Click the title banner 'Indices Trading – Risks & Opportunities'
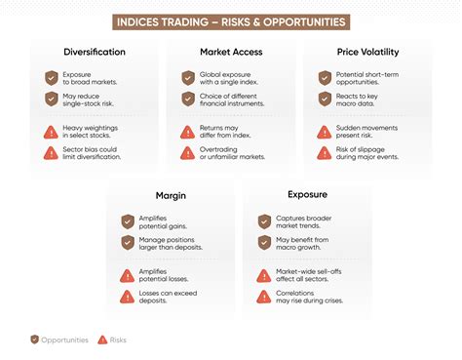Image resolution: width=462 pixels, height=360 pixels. [x=231, y=21]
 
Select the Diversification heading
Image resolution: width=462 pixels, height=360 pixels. [x=94, y=53]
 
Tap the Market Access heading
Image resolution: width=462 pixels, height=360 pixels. [x=230, y=53]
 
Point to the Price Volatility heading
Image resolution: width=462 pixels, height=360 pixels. [x=366, y=53]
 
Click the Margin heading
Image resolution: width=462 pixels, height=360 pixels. [x=171, y=195]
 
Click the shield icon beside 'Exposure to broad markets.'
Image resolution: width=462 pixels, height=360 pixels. [x=51, y=78]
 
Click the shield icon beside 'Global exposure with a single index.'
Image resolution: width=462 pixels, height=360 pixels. [x=187, y=78]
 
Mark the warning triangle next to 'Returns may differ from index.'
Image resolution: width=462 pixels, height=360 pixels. [x=187, y=132]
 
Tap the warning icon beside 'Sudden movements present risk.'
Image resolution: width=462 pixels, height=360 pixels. [x=324, y=132]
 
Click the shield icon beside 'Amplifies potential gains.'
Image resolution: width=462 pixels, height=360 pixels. [x=127, y=221]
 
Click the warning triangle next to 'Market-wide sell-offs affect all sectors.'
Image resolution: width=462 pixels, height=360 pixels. [x=263, y=275]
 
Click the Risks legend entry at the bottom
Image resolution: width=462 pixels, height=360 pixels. [x=111, y=340]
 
